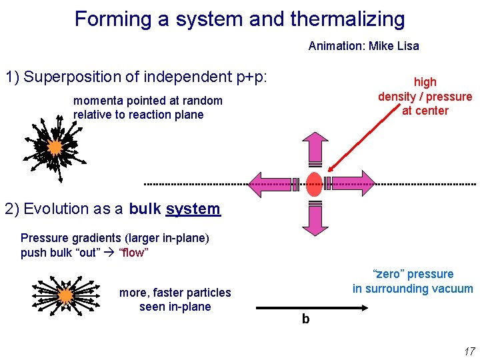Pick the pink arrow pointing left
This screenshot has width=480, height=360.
click(x=272, y=183)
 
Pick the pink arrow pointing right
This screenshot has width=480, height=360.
click(x=353, y=183)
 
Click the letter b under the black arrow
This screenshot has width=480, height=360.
click(x=305, y=319)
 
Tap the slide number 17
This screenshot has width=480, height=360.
click(x=468, y=351)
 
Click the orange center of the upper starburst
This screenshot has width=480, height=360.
click(x=55, y=147)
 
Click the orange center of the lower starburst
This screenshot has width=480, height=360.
click(x=65, y=295)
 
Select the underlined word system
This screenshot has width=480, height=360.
click(x=193, y=209)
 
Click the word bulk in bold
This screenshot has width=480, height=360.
click(x=145, y=209)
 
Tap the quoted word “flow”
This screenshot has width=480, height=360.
click(x=133, y=253)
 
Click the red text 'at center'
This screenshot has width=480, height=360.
click(x=425, y=111)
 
